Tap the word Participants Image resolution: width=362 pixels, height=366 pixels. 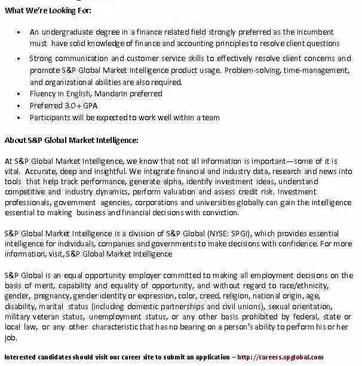51,117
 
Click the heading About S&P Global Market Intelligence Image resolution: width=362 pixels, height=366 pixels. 71,141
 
